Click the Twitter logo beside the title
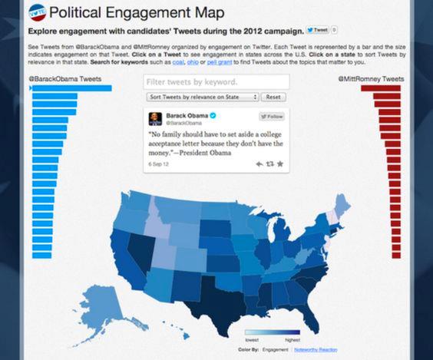(x=38, y=13)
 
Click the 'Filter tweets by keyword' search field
(x=216, y=81)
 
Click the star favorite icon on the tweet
(x=280, y=163)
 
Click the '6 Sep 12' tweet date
(x=158, y=163)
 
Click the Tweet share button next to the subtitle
(x=317, y=31)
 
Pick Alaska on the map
(x=114, y=307)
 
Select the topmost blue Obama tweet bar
(x=71, y=89)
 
